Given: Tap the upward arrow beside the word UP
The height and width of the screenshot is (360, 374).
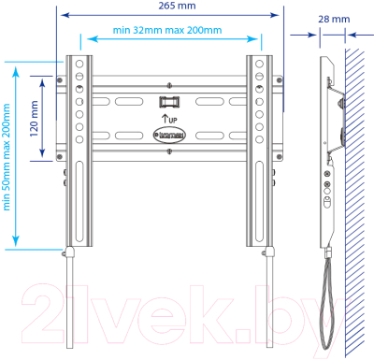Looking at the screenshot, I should [x=165, y=119].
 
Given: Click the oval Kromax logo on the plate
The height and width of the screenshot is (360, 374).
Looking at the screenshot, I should [x=169, y=136].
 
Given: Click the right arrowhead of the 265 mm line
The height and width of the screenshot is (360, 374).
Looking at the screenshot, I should [x=279, y=14].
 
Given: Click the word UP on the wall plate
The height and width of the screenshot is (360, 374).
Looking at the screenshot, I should [x=174, y=121].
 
